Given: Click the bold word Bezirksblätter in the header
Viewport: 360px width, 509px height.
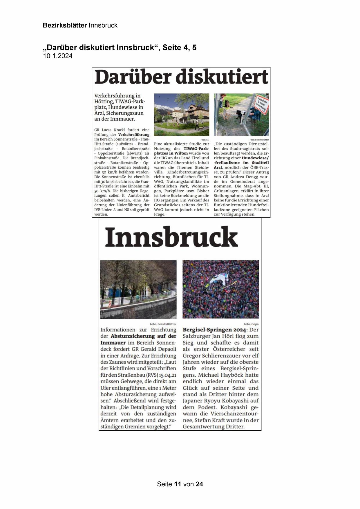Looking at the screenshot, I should [x=65, y=25].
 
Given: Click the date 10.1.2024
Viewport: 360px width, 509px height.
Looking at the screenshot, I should [x=58, y=56].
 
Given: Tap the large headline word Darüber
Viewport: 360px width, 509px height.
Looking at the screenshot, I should [x=132, y=77].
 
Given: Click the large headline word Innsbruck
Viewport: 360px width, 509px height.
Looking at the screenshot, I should [x=171, y=237].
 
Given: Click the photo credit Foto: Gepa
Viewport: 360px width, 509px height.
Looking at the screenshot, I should [x=251, y=324].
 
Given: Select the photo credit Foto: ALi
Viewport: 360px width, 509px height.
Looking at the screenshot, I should [x=205, y=140].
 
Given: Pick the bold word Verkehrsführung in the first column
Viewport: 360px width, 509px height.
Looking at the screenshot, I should [x=134, y=135].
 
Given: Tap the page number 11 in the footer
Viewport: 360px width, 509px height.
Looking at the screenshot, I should [x=178, y=484].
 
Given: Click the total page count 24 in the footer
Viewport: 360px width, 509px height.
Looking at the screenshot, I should [x=199, y=484].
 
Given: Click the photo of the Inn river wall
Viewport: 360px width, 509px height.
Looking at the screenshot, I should [x=138, y=289].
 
